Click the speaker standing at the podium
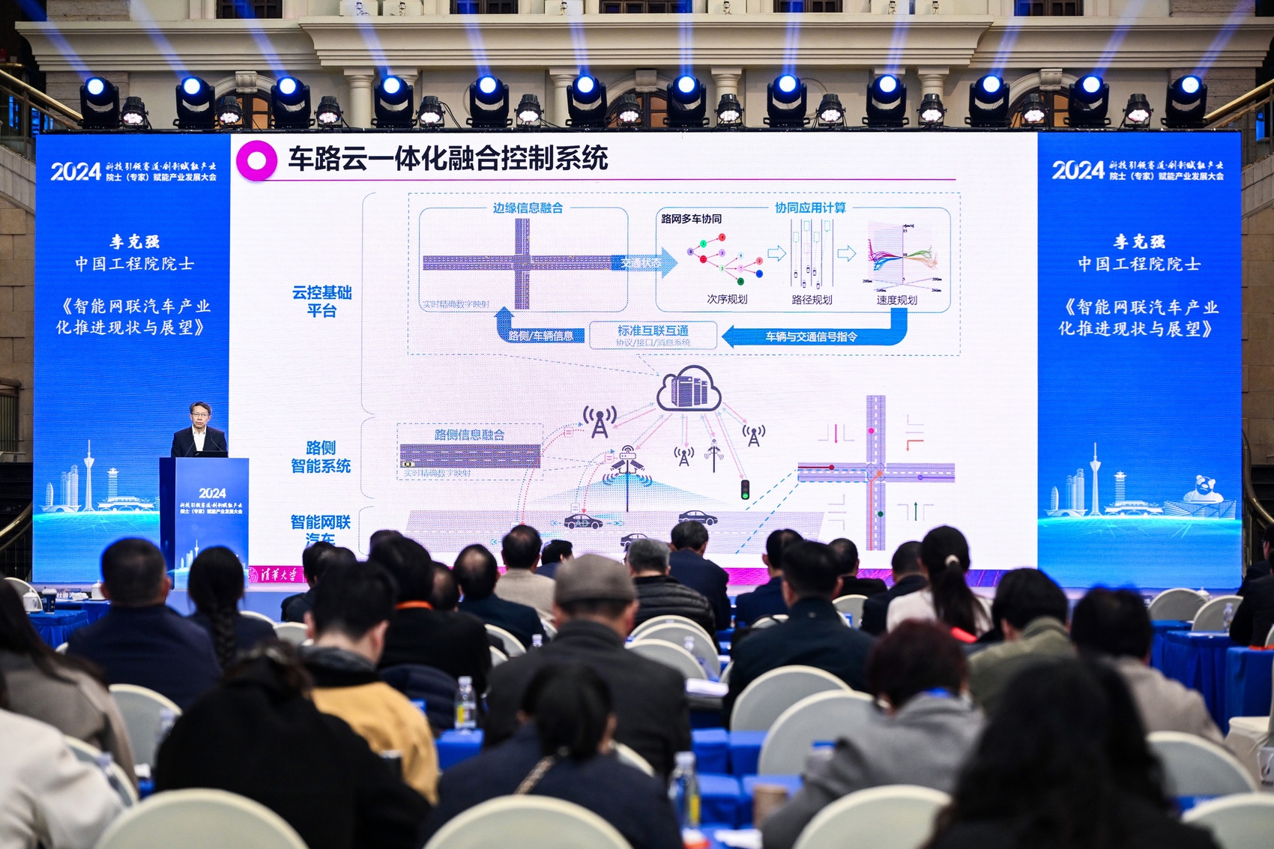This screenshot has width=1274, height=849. click(x=199, y=432)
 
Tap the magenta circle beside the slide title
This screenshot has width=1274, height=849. click(x=256, y=160)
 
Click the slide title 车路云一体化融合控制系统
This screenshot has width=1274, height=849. click(x=447, y=159)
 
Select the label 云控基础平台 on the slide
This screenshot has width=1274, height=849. click(x=321, y=301)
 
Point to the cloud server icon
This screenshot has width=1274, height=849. click(x=689, y=389)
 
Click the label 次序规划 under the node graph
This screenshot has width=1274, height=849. click(x=727, y=299)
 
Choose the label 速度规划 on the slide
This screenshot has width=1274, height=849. click(x=896, y=300)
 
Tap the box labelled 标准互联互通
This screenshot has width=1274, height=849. click(x=653, y=335)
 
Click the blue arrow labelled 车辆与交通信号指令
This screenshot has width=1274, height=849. click(x=812, y=336)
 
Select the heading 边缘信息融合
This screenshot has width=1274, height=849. click(x=528, y=208)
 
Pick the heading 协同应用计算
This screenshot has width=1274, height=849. click(x=810, y=208)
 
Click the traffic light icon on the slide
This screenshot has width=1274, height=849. click(x=745, y=489)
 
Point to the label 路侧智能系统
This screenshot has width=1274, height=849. click(x=321, y=457)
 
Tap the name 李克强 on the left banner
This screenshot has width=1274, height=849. click(x=135, y=241)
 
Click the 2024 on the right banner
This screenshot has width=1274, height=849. click(x=1078, y=171)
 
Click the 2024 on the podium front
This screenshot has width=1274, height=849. click(x=212, y=493)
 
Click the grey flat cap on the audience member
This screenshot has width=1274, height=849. click(x=595, y=579)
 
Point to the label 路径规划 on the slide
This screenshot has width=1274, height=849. click(x=812, y=300)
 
